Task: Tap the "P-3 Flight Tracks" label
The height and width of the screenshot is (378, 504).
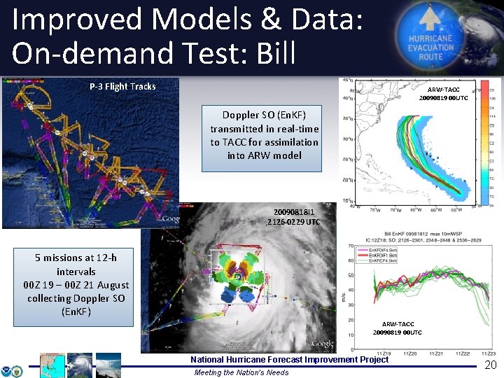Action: (x=122, y=86)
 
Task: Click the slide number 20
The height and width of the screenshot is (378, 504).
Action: (x=490, y=366)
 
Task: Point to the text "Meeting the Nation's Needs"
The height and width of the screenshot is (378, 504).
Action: (x=241, y=372)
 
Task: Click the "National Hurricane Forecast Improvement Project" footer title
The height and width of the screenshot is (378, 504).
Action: (x=289, y=360)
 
